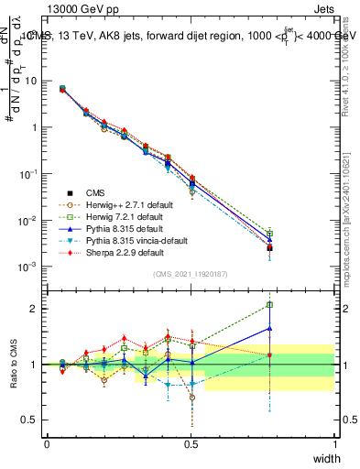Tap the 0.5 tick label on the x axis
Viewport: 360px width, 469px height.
pyautogui.click(x=191, y=442)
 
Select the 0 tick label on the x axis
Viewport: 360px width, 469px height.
pyautogui.click(x=47, y=442)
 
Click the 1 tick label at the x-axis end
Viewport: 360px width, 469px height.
pyautogui.click(x=335, y=442)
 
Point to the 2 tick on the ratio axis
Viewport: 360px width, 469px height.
pyautogui.click(x=33, y=309)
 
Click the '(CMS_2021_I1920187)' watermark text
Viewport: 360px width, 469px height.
pyautogui.click(x=191, y=274)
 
